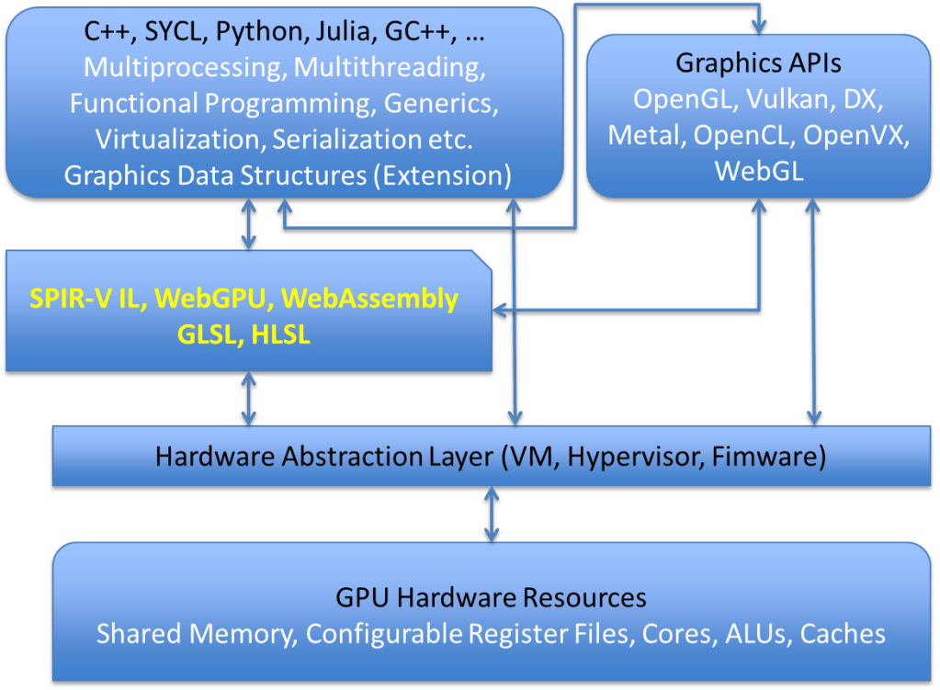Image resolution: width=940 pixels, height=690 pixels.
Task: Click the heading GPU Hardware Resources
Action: (491, 598)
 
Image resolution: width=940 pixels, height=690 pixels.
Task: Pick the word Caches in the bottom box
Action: (842, 634)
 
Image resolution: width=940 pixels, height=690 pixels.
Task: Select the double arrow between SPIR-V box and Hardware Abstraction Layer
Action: (248, 399)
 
